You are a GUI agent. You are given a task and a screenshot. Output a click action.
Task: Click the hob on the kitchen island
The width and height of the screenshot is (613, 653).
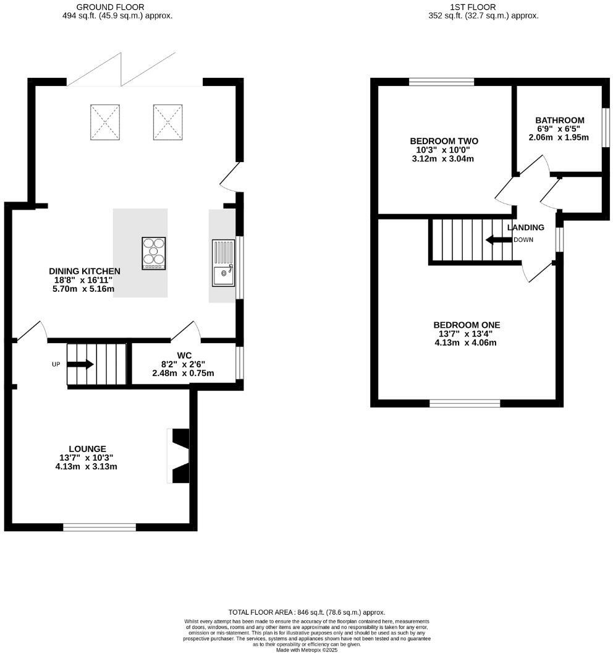point(154,254)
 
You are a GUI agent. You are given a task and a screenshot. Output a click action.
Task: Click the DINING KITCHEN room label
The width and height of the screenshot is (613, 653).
point(85,271)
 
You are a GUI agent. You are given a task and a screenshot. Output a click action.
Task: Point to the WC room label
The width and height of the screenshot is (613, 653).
point(183,356)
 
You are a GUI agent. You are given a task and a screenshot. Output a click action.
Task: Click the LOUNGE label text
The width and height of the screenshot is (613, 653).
point(87,448)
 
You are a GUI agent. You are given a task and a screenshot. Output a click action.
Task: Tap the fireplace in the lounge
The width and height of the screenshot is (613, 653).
point(179,456)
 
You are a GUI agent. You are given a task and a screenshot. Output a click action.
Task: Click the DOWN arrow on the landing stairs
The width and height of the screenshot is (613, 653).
point(497,239)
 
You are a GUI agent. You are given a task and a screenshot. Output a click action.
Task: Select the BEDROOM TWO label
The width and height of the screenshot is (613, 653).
point(444,141)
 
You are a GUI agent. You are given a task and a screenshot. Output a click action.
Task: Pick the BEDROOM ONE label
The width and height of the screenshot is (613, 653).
point(467,325)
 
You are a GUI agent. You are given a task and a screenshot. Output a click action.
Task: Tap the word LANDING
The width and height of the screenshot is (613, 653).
point(526,228)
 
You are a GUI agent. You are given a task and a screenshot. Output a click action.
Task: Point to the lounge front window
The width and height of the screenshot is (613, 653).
point(99,527)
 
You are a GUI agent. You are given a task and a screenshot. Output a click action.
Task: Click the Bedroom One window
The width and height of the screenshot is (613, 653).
point(465,403)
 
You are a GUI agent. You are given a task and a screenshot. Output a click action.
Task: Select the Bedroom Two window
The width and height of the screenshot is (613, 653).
point(441,82)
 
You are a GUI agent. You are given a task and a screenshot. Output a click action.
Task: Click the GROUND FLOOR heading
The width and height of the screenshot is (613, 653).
point(111,7)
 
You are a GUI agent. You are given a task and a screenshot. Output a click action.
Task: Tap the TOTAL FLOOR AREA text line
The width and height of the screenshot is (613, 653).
point(306,611)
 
